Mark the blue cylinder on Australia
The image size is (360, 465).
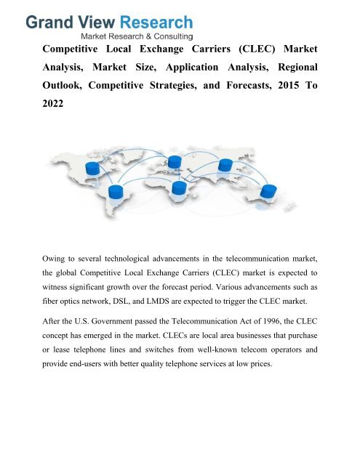click(x=268, y=192)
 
